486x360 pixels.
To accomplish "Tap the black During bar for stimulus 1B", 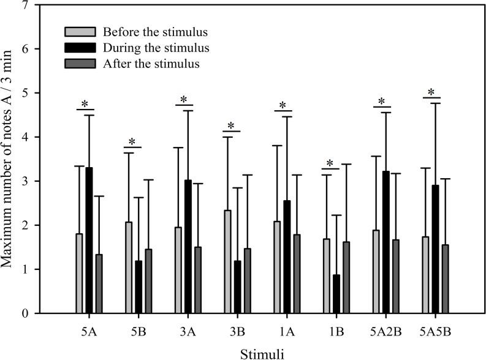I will (x=335, y=294).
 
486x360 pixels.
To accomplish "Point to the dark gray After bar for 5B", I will (x=148, y=281).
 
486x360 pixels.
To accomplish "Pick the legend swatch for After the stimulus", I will (x=80, y=64).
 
